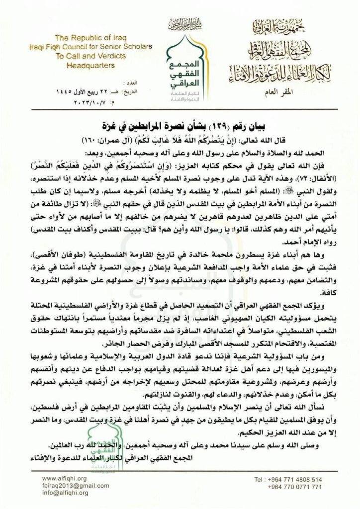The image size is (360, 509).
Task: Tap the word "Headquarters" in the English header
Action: pos(85,65)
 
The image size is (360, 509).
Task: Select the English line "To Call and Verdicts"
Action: pos(85,56)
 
